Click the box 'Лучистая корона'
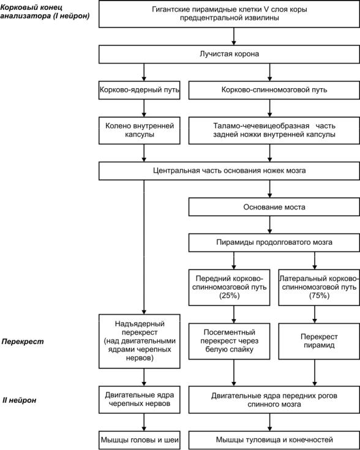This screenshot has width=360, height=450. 229,54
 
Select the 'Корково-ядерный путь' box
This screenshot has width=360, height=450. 139,90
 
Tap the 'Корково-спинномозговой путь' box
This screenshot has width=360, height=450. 274,90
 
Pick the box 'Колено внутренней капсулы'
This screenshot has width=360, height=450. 139,130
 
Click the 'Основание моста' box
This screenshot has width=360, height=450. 274,207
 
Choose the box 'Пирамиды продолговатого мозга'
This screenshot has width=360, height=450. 274,242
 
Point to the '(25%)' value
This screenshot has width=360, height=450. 229,296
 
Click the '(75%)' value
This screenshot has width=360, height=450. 319,296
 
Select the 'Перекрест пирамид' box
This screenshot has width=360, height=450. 319,341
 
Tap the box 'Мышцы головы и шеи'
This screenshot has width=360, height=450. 139,440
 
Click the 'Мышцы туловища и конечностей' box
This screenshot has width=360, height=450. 274,440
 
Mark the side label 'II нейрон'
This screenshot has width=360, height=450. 19,400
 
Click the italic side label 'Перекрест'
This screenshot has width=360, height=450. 23,342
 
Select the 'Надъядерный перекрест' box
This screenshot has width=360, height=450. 139,341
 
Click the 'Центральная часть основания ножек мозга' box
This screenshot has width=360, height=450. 229,171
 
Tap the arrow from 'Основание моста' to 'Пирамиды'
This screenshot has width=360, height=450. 269,225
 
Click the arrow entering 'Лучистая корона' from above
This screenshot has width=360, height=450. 234,36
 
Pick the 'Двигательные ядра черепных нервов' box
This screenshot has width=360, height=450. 139,399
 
